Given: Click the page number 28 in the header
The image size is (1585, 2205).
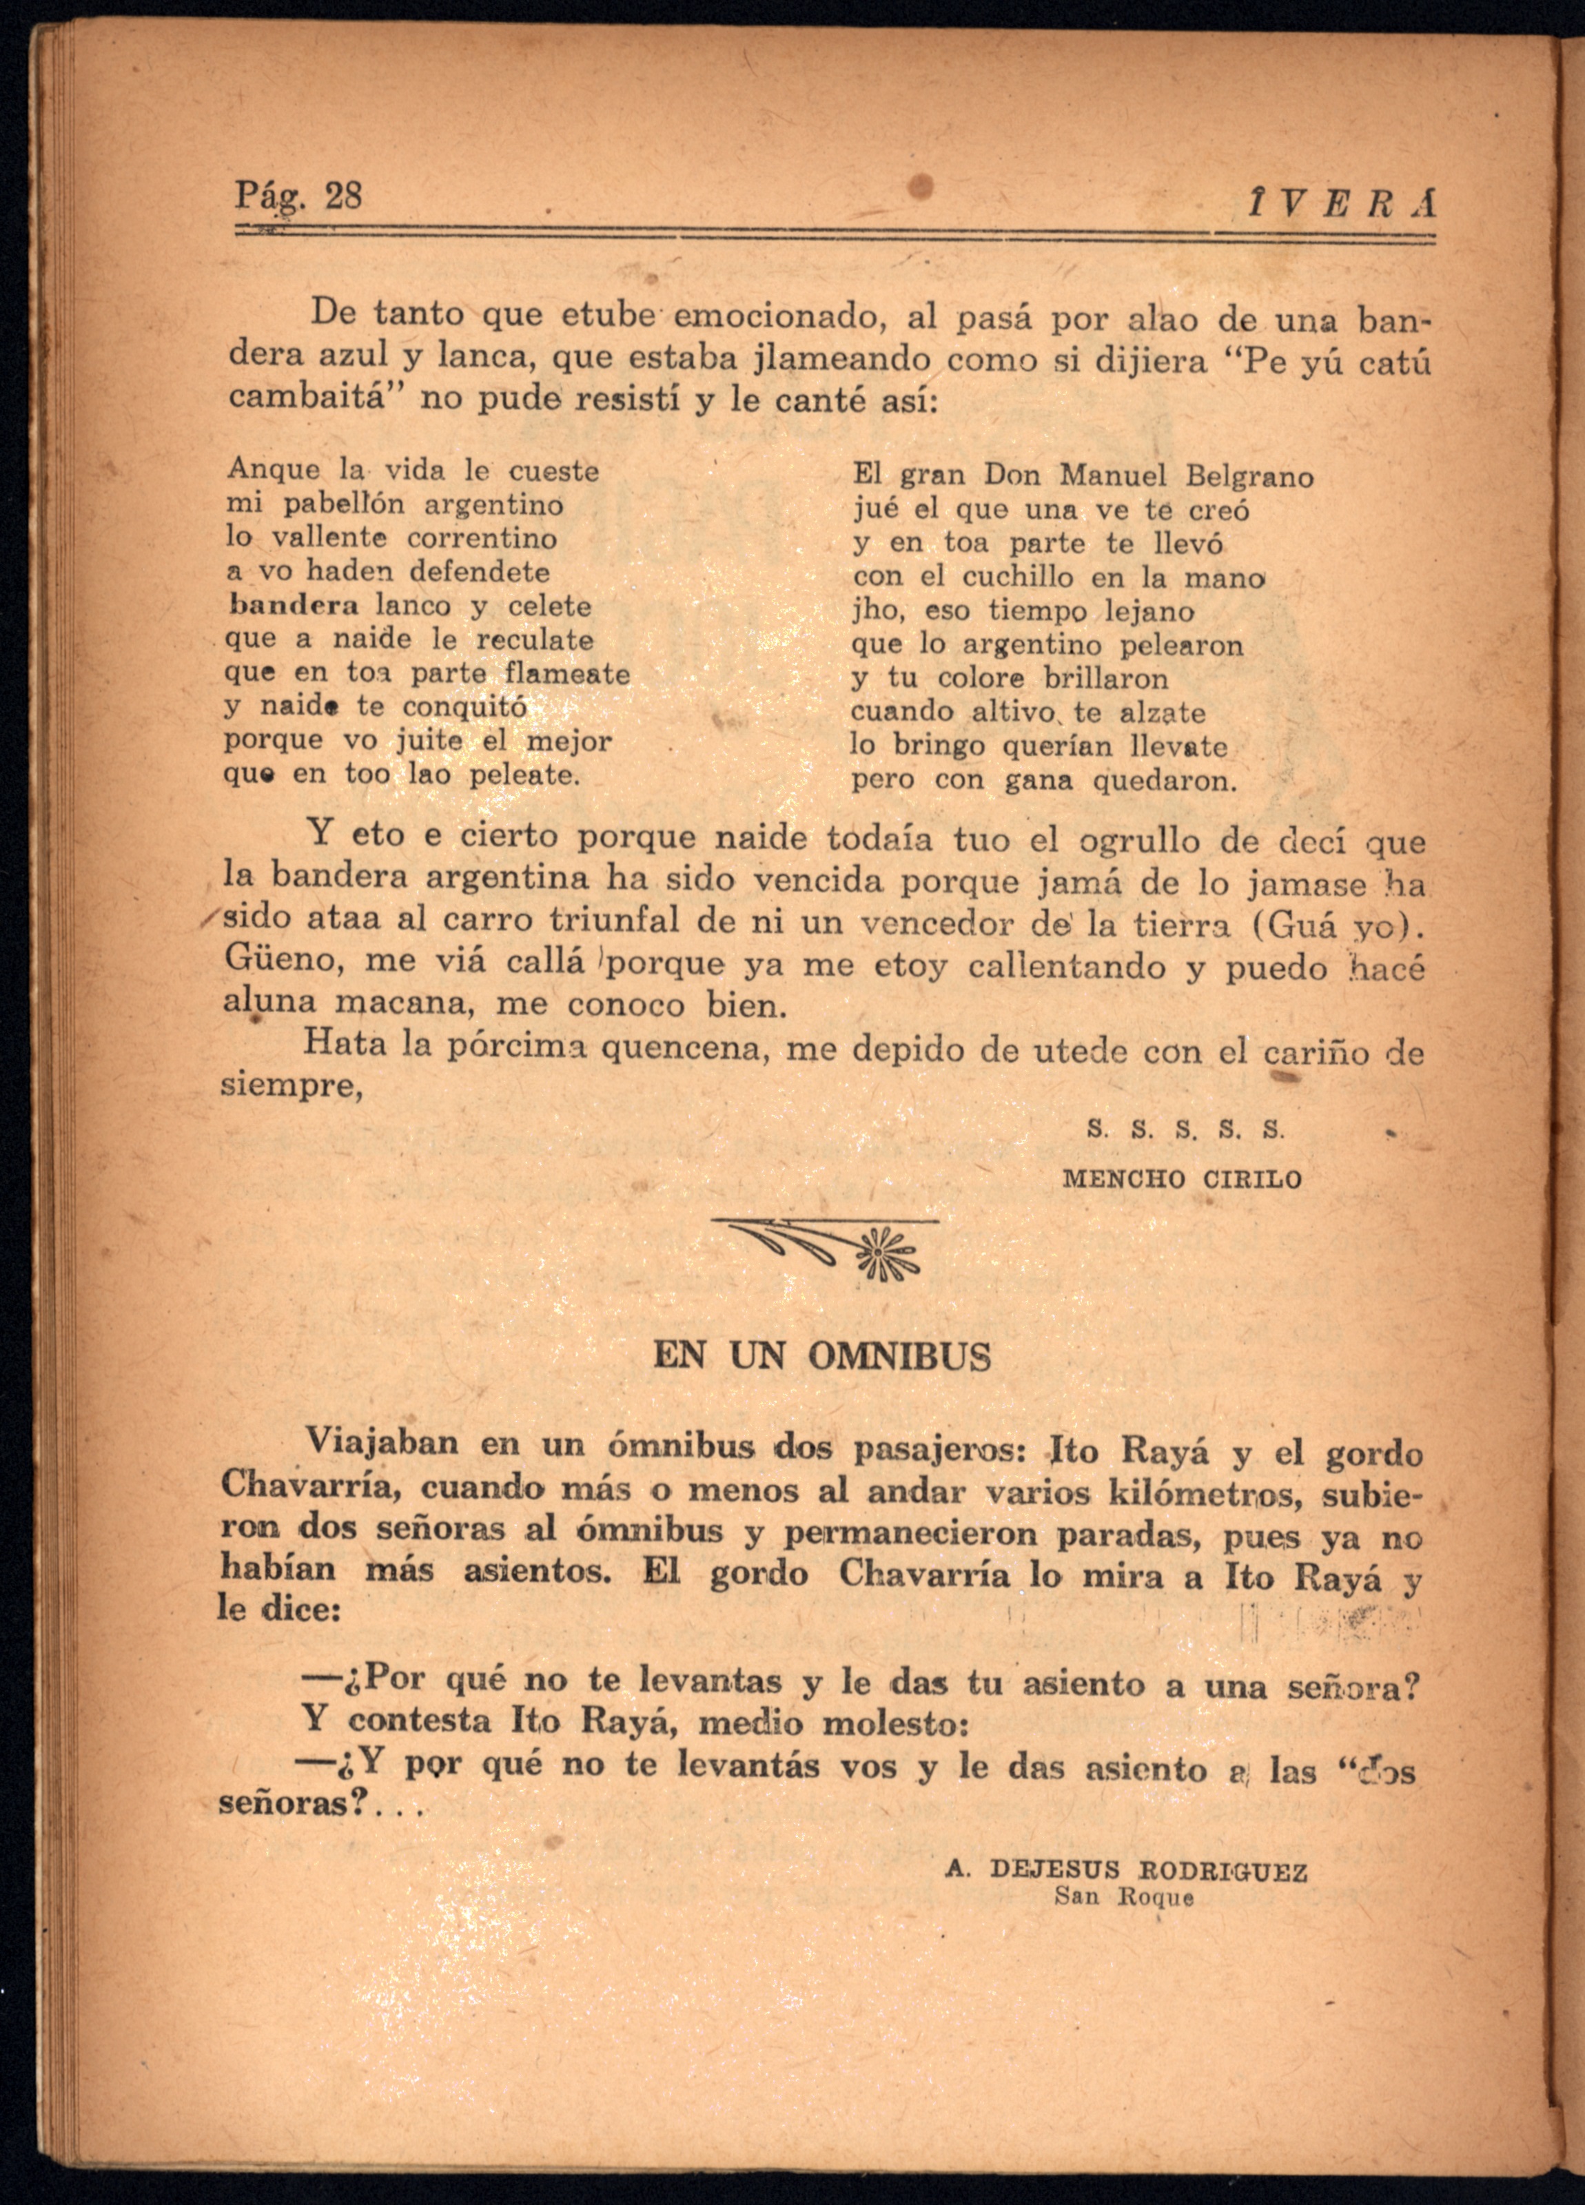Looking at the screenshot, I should pyautogui.click(x=342, y=196).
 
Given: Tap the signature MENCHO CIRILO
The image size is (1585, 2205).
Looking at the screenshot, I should pyautogui.click(x=1181, y=1179).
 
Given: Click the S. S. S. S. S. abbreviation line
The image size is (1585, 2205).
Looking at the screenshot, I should pyautogui.click(x=1185, y=1130).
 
